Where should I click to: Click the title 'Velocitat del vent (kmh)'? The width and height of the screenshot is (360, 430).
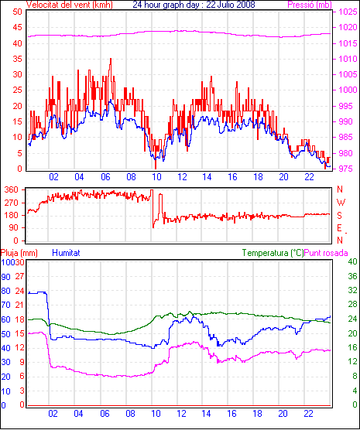click(x=70, y=5)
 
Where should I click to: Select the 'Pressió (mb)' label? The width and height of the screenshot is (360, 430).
click(x=310, y=5)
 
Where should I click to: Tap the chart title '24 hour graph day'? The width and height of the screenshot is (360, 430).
click(x=167, y=5)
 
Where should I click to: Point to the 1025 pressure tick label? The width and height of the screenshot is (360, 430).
click(x=348, y=12)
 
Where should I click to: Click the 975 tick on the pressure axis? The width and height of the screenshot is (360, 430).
click(x=348, y=169)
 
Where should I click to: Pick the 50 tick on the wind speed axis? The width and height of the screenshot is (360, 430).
click(x=17, y=12)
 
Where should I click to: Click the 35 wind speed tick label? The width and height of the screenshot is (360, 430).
click(x=17, y=59)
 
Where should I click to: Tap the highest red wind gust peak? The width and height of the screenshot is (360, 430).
click(x=111, y=59)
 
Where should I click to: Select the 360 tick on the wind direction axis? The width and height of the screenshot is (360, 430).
click(x=12, y=189)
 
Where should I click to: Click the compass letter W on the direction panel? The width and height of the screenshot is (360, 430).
click(x=341, y=203)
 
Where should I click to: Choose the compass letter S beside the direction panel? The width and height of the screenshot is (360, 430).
click(x=340, y=216)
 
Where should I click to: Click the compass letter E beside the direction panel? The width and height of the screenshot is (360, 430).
click(x=340, y=228)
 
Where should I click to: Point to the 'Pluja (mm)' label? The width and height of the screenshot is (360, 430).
click(x=19, y=253)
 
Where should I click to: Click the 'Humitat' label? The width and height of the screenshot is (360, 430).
click(x=66, y=253)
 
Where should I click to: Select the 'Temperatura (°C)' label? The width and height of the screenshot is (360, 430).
click(x=273, y=253)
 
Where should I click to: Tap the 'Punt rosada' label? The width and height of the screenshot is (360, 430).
click(x=326, y=253)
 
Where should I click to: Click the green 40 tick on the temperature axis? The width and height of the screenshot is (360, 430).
click(x=352, y=261)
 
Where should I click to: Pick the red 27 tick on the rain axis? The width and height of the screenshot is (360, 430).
click(x=20, y=276)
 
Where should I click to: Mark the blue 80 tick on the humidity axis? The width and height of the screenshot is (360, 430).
click(x=5, y=291)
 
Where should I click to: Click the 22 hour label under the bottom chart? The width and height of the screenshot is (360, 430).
click(x=308, y=413)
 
